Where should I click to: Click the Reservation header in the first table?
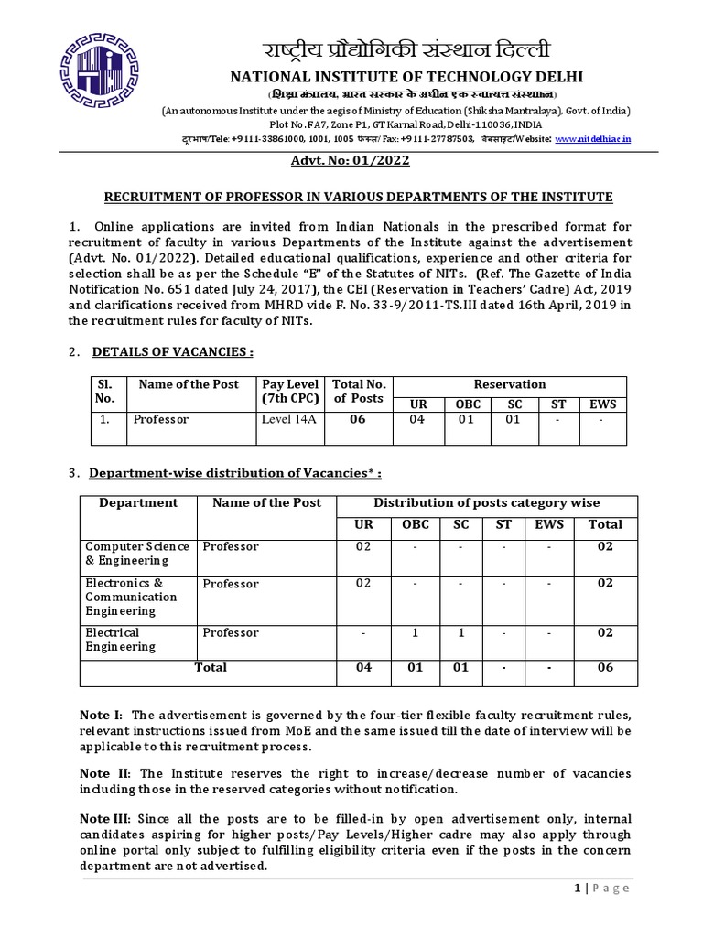[x=510, y=384]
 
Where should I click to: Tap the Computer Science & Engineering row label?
[x=137, y=553]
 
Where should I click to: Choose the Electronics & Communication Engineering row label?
[x=132, y=597]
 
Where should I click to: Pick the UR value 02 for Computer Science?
[x=364, y=546]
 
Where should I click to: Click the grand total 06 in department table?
[x=604, y=667]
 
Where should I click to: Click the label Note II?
[x=103, y=774]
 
